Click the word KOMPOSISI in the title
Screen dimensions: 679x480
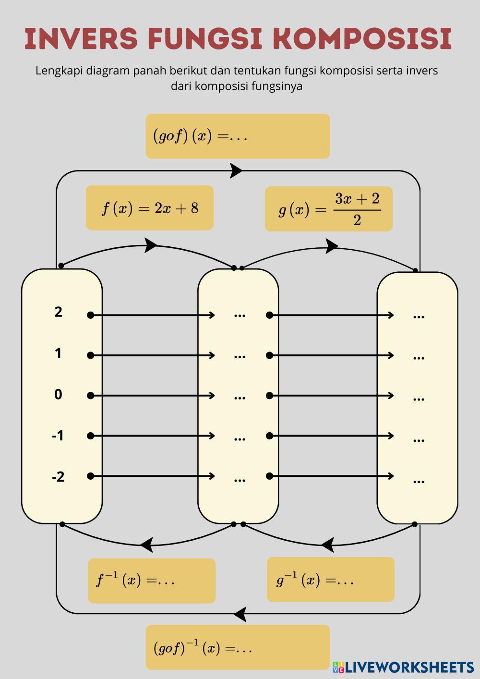[x=365, y=38]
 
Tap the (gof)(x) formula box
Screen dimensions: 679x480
[x=238, y=136]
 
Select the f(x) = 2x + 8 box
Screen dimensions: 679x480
[x=149, y=208]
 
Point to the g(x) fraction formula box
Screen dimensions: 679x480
[x=329, y=209]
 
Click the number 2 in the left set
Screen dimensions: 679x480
[x=58, y=312]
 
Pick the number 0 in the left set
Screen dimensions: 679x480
[x=58, y=395]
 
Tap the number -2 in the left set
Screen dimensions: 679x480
[x=58, y=477]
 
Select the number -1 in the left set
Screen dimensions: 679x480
[x=58, y=436]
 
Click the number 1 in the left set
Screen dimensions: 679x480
[x=58, y=353]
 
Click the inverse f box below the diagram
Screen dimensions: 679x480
[x=152, y=581]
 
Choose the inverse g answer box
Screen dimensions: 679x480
[x=331, y=580]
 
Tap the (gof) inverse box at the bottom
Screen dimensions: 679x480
[x=238, y=647]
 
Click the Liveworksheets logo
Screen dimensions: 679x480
[x=404, y=667]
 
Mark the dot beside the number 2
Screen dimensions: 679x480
[x=90, y=315]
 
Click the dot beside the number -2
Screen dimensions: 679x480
[x=90, y=476]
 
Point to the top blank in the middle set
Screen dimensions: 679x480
[x=240, y=315]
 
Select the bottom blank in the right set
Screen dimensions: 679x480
[x=419, y=481]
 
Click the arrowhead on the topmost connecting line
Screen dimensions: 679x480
[x=236, y=170]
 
